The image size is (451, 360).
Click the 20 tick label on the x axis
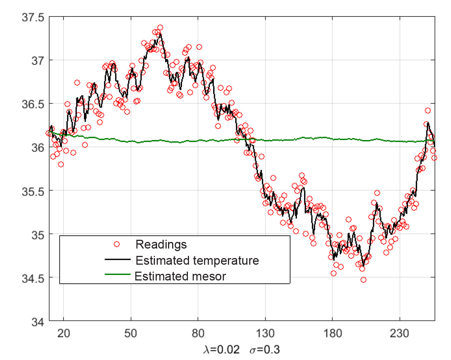[x=63, y=334]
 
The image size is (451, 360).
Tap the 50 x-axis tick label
[x=131, y=334]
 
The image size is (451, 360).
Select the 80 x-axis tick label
[x=198, y=334]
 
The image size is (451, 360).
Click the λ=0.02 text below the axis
[x=221, y=350]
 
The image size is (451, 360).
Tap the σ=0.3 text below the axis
[x=264, y=350]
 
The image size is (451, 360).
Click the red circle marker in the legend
[x=117, y=244]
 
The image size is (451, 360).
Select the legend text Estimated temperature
[x=197, y=261]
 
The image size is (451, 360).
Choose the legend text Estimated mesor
[x=180, y=276]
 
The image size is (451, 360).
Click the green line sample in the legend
[x=118, y=274]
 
